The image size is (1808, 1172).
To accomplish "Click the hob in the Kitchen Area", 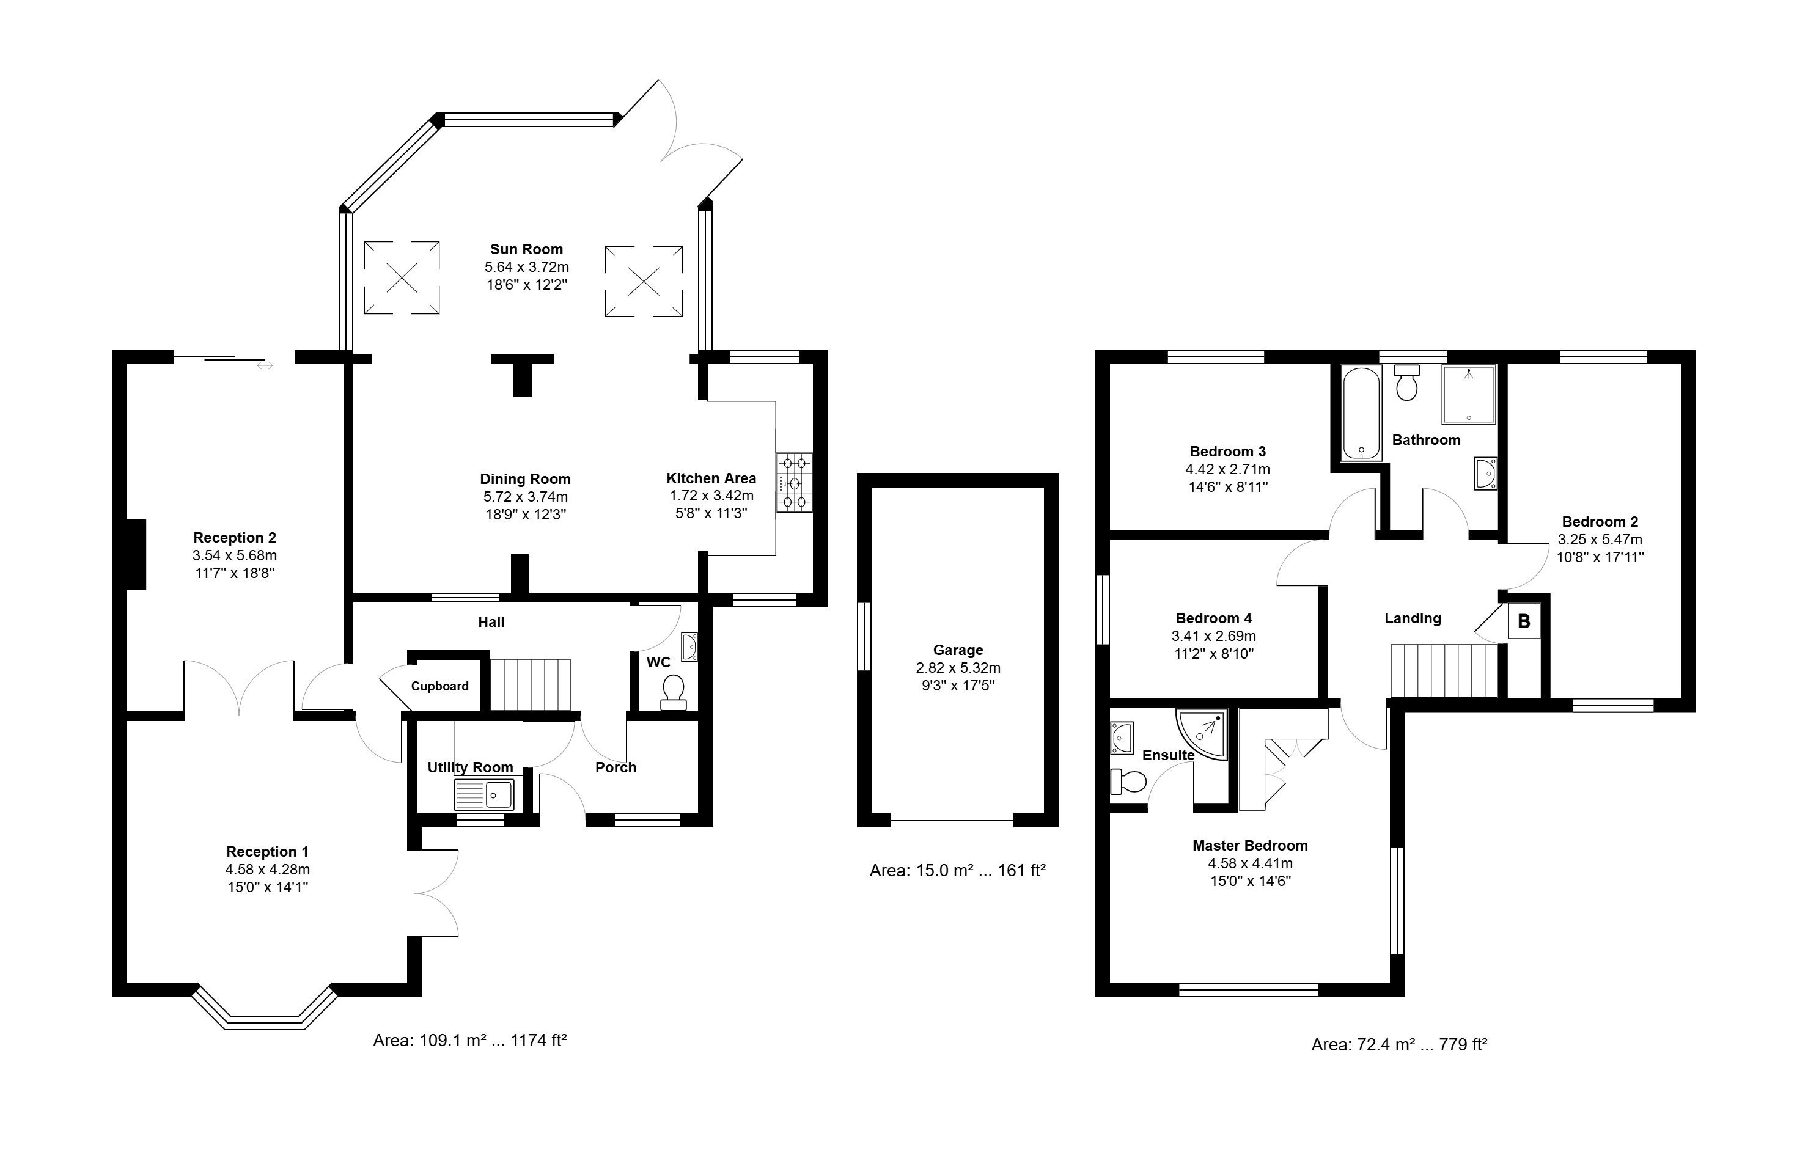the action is pos(794,482).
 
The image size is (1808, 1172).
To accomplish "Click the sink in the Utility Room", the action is pos(484,794).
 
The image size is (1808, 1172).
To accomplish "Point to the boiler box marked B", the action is pos(1524,621).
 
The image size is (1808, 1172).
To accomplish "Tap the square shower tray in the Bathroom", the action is pos(1468,394).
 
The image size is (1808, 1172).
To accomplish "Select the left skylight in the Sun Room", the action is pos(402,277).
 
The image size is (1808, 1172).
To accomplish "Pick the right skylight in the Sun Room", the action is pos(644,281).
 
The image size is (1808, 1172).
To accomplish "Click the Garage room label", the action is pos(958,650).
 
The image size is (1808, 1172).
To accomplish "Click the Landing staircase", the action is pos(1443,671).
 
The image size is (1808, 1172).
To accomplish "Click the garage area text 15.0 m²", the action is pos(944,871).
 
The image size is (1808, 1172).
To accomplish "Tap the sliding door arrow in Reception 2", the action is pos(265,366).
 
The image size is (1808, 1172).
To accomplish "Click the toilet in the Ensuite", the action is pos(1128,782).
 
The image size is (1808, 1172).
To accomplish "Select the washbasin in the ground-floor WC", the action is pos(690,647).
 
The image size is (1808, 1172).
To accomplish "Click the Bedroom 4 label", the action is pos(1214,618).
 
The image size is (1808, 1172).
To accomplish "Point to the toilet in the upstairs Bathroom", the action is pos(1407,383).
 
